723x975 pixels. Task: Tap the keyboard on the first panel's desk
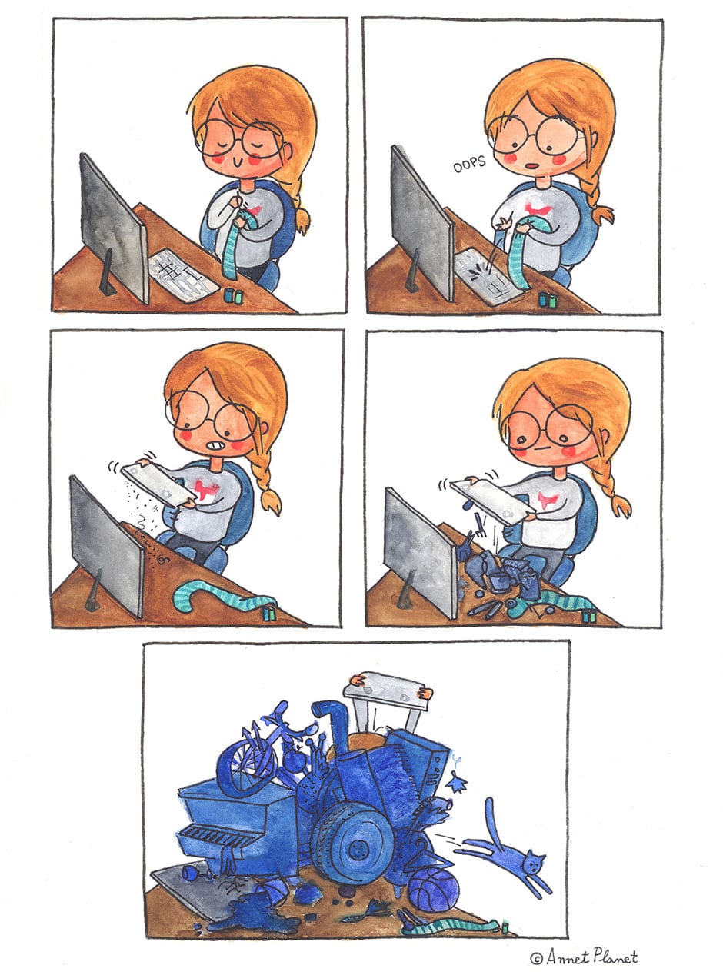pyautogui.click(x=183, y=275)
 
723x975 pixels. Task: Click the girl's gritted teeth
pyautogui.click(x=217, y=445)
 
